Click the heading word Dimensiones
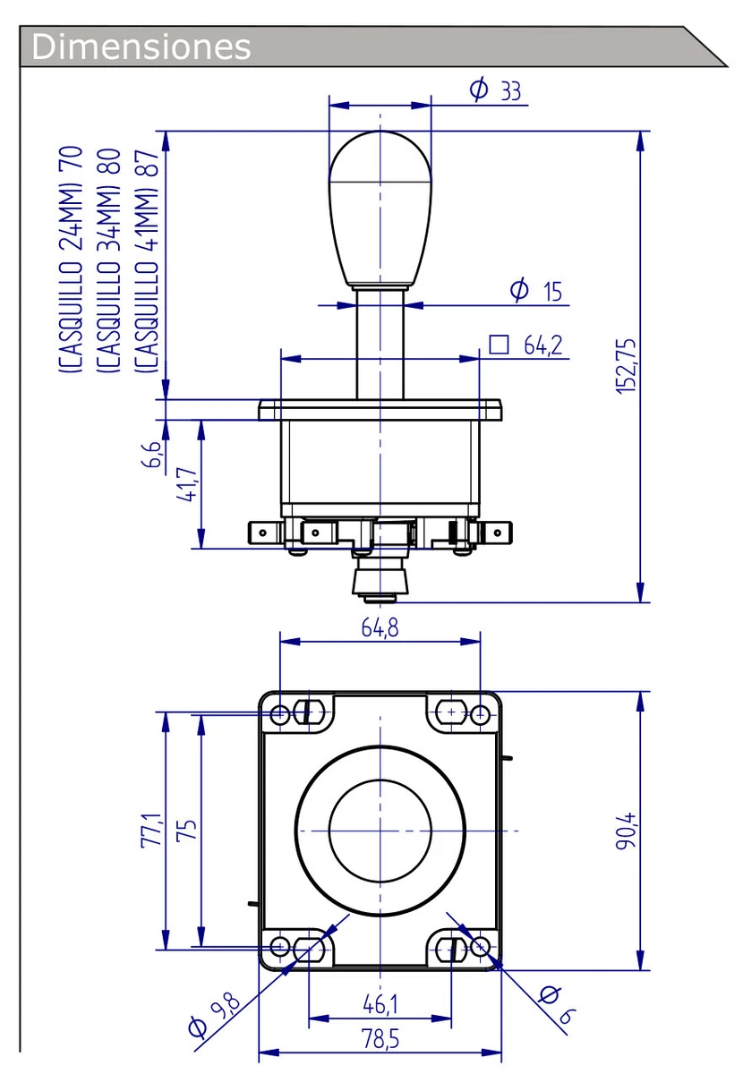pyautogui.click(x=141, y=46)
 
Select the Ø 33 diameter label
pyautogui.click(x=495, y=89)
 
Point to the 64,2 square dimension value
pyautogui.click(x=543, y=345)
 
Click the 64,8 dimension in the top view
pyautogui.click(x=380, y=627)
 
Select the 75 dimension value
pyautogui.click(x=186, y=830)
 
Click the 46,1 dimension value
pyautogui.click(x=380, y=1005)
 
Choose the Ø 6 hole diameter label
pyautogui.click(x=555, y=1005)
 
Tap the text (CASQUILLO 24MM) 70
pyautogui.click(x=72, y=260)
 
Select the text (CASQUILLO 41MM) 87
pyautogui.click(x=146, y=260)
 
